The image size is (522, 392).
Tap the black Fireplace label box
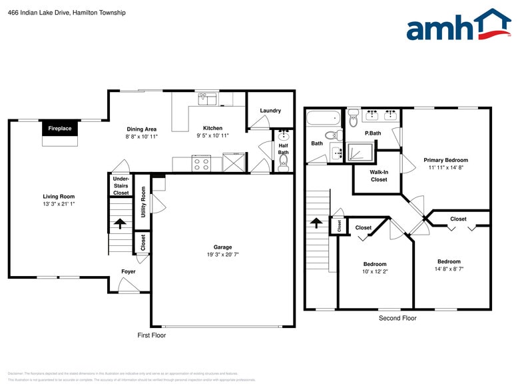click(59, 128)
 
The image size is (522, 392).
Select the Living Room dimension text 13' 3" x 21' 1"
click(59, 204)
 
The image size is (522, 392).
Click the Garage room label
click(222, 246)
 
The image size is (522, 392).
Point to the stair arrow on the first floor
click(121, 224)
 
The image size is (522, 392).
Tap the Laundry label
click(270, 111)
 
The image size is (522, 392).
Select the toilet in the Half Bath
click(284, 163)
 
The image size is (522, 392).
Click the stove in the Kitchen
click(201, 164)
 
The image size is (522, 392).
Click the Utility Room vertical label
click(143, 202)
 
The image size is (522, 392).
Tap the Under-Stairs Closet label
click(121, 186)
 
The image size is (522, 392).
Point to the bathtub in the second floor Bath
click(323, 120)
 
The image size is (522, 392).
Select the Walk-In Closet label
click(379, 175)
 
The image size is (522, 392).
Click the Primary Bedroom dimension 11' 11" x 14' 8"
click(445, 168)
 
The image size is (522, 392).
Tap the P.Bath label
click(373, 133)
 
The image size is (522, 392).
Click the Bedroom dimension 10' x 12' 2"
click(374, 272)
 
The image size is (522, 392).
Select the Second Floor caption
click(397, 318)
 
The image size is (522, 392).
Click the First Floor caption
click(151, 335)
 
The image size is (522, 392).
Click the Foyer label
click(129, 272)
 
